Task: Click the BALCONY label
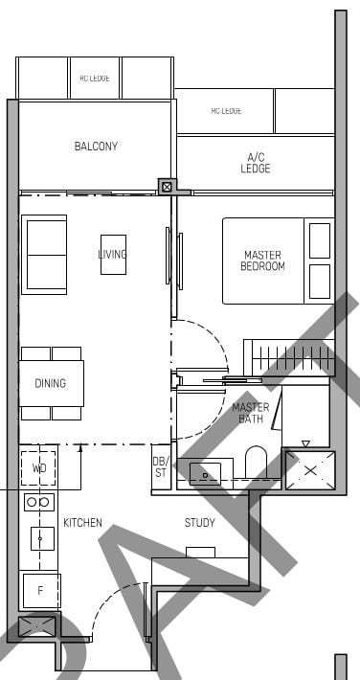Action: point(96,147)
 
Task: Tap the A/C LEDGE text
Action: point(256,163)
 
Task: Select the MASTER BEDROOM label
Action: point(263,261)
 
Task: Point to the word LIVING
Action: point(112,254)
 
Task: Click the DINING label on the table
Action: point(51,383)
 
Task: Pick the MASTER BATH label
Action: point(250,413)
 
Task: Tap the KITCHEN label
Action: point(82,523)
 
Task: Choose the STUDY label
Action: point(200,523)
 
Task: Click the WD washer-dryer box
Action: point(39,468)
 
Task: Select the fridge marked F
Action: point(40,590)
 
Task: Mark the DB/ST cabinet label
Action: point(161,467)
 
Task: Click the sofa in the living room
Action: point(44,254)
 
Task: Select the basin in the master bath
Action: point(206,470)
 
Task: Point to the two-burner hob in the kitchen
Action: point(39,502)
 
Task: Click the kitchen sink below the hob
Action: point(41,538)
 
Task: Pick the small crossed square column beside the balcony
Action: point(168,187)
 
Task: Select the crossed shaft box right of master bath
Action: point(307,470)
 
